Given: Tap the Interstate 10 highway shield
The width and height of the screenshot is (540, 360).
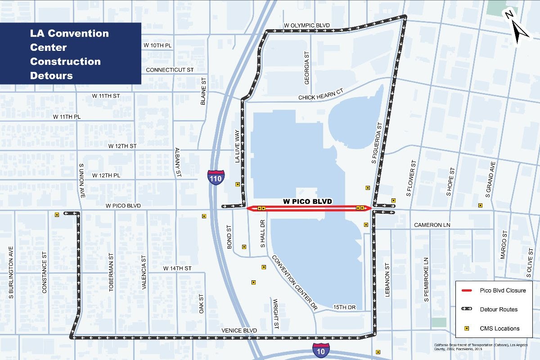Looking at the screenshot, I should click(x=321, y=348).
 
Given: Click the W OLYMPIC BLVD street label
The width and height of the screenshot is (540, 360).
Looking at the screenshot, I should click(x=307, y=25).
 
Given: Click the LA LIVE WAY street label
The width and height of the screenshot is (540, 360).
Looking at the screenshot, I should click(x=237, y=146).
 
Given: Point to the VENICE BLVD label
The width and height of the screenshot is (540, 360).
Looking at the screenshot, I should click(x=239, y=331).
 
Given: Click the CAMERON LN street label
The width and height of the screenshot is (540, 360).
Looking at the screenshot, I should click(x=432, y=225).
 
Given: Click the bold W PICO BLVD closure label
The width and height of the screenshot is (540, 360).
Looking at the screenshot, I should click(x=307, y=202).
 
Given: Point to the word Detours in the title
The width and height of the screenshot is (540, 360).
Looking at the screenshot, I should click(x=51, y=76).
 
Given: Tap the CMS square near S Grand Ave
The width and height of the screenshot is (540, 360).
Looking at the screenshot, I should click(x=480, y=206).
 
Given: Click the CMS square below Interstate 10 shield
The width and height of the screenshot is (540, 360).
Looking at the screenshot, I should click(x=378, y=352).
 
